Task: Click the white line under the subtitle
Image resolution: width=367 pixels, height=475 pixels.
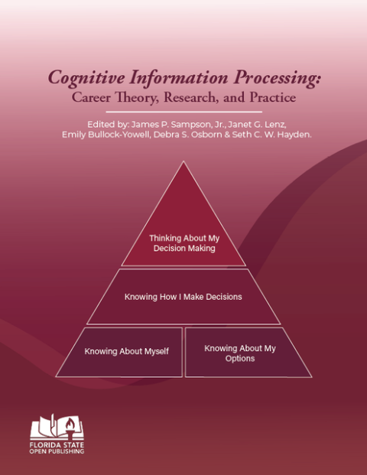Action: [x=183, y=112]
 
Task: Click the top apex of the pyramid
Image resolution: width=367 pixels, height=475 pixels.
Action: [x=183, y=163]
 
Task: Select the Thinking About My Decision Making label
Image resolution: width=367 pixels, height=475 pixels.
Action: [x=183, y=243]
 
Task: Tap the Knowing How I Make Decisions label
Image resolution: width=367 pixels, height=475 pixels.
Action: [x=183, y=296]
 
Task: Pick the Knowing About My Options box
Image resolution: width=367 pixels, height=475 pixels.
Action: [x=240, y=353]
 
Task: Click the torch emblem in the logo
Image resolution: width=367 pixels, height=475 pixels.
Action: [x=64, y=423]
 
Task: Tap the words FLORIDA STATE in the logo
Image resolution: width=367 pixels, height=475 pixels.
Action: [x=57, y=444]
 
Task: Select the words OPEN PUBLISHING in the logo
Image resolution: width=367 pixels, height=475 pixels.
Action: [x=57, y=451]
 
